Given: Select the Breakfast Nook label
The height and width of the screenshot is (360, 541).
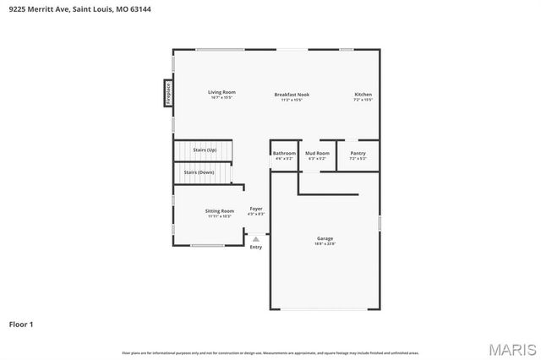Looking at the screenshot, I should point(292,94).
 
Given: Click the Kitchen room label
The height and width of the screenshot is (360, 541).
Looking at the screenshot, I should point(363,94).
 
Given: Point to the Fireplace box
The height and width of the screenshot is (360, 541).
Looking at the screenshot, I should point(168,93).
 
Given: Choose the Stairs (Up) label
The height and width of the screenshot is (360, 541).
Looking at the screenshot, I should point(205,150).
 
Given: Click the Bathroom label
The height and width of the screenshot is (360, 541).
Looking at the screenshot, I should point(284,153).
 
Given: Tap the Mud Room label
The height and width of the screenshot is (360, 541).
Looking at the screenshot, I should point(317,153).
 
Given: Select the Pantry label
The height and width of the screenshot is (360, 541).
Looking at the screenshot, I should point(358,153).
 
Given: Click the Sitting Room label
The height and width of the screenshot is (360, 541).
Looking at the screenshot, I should point(220,210).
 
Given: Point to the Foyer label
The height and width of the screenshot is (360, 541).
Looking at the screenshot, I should point(255,208).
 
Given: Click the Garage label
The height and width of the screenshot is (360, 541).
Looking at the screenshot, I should point(325,238).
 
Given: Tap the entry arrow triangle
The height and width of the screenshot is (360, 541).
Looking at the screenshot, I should point(255,239).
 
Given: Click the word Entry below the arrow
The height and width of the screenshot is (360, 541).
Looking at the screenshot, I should point(255,247).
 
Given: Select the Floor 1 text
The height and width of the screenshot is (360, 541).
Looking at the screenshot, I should point(21,324).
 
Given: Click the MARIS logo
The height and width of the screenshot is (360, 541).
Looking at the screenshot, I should point(511,348).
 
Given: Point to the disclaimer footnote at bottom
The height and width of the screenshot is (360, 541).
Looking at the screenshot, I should point(270,352).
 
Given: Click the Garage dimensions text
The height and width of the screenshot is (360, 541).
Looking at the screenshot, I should point(325,243).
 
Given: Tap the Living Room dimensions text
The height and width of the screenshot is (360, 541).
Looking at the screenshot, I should point(222,97).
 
